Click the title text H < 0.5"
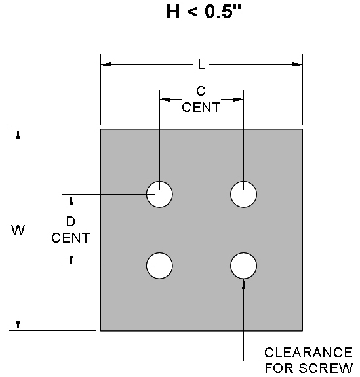point(203,11)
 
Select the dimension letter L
point(201,64)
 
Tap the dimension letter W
point(18,229)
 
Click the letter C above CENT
point(201,91)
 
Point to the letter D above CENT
point(70,222)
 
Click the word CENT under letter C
point(201,108)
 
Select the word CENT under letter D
point(71,238)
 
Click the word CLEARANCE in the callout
point(309,353)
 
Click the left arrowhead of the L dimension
point(106,64)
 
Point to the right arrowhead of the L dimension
point(297,64)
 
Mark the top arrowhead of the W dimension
point(18,134)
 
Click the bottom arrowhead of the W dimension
point(18,325)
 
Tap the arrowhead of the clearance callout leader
point(244,284)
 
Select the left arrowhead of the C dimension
point(165,99)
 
